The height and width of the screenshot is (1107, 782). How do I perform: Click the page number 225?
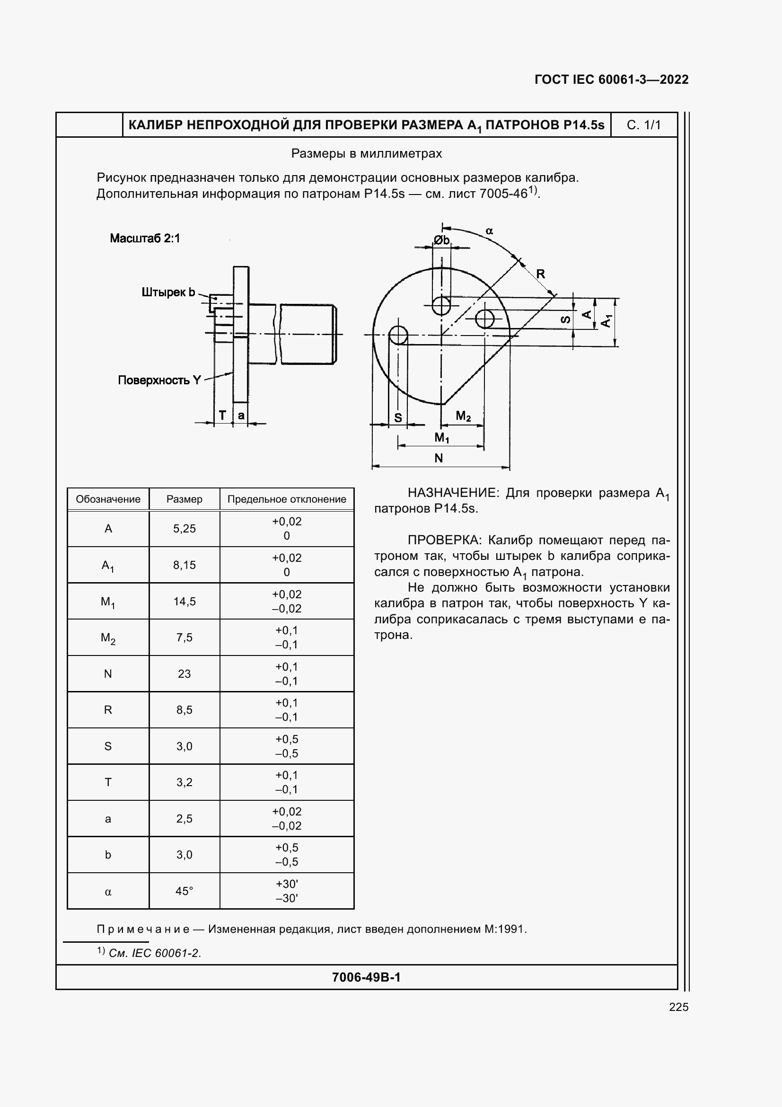click(x=678, y=1007)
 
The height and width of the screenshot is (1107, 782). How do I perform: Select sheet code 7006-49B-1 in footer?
click(x=366, y=977)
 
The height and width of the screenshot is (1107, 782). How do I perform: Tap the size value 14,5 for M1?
click(x=184, y=601)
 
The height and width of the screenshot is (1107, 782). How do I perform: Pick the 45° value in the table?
click(x=184, y=891)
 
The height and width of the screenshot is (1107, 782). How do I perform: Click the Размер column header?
click(x=184, y=499)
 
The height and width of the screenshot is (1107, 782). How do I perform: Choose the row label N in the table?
click(x=108, y=673)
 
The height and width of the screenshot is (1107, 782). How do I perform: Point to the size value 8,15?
click(x=184, y=565)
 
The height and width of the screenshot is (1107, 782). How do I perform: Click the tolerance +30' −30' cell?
click(x=287, y=891)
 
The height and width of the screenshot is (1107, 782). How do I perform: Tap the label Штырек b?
click(x=168, y=292)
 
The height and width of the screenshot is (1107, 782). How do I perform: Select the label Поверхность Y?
click(x=159, y=381)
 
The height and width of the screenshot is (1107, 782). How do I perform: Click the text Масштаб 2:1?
click(x=145, y=238)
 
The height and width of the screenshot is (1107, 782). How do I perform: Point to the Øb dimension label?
click(x=441, y=240)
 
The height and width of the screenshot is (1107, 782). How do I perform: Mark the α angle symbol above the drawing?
click(x=489, y=231)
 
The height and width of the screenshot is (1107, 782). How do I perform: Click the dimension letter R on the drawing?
click(x=541, y=274)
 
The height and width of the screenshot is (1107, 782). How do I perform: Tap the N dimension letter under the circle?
click(x=439, y=458)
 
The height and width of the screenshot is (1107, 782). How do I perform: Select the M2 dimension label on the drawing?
click(x=463, y=416)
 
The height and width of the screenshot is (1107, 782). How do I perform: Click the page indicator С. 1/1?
click(x=644, y=125)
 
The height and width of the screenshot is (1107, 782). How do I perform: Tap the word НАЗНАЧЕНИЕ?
click(x=452, y=493)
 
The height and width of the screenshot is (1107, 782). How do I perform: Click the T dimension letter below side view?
click(x=222, y=415)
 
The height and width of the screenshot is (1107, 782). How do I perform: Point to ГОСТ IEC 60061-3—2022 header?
click(x=611, y=80)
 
